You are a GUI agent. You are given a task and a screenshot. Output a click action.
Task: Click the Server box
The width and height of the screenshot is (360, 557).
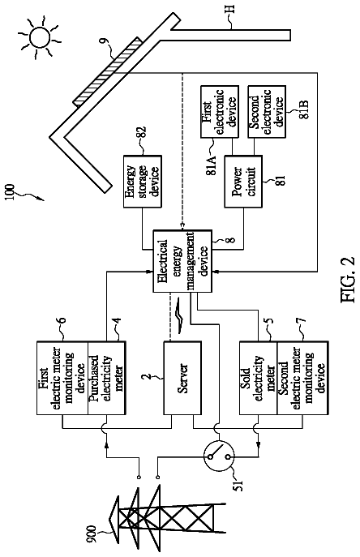coord(182,378)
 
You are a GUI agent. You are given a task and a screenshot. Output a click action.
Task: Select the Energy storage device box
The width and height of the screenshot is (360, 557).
coord(142,182)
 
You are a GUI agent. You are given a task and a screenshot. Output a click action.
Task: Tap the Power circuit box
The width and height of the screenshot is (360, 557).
coord(243,182)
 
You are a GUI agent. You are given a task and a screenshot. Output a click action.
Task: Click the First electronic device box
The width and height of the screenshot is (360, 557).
coord(219,112)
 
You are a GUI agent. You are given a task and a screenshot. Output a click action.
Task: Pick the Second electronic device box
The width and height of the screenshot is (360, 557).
coord(267,112)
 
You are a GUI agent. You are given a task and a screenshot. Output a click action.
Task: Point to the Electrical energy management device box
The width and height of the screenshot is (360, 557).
coord(182,261)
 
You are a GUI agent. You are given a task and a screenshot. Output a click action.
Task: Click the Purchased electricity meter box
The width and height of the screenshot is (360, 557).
coord(106,378)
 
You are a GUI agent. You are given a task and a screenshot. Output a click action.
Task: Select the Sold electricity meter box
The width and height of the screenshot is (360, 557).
coord(259,378)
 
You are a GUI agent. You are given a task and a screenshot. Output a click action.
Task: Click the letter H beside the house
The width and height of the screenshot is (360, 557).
coord(230,8)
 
